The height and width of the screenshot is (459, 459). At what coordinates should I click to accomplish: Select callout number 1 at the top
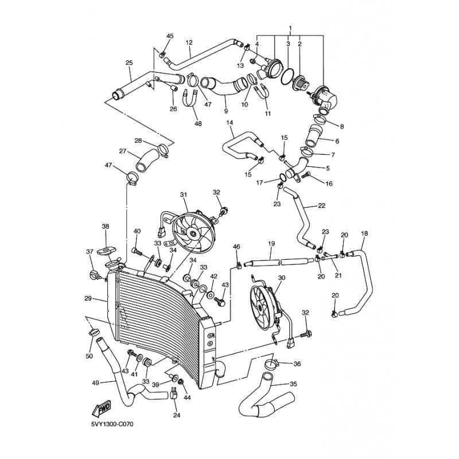(290, 28)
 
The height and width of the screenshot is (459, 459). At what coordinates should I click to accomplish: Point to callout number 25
(129, 63)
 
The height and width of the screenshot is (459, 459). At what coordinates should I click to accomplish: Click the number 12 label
(189, 42)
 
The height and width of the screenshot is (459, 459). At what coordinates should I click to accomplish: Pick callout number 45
(169, 36)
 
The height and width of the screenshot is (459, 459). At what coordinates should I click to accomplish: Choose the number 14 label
(229, 123)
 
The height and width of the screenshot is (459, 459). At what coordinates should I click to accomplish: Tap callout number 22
(321, 205)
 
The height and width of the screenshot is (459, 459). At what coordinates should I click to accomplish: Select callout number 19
(271, 243)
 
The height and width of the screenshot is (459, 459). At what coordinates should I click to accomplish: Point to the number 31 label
(184, 195)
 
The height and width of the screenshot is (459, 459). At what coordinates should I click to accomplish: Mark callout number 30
(281, 278)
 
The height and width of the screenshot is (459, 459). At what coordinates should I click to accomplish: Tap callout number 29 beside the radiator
(88, 299)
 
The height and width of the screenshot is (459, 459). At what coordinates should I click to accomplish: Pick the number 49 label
(95, 382)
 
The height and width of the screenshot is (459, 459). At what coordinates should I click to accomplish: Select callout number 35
(294, 384)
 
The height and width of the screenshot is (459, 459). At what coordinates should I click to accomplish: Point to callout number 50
(89, 356)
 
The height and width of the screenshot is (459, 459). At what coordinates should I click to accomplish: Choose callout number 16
(329, 184)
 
